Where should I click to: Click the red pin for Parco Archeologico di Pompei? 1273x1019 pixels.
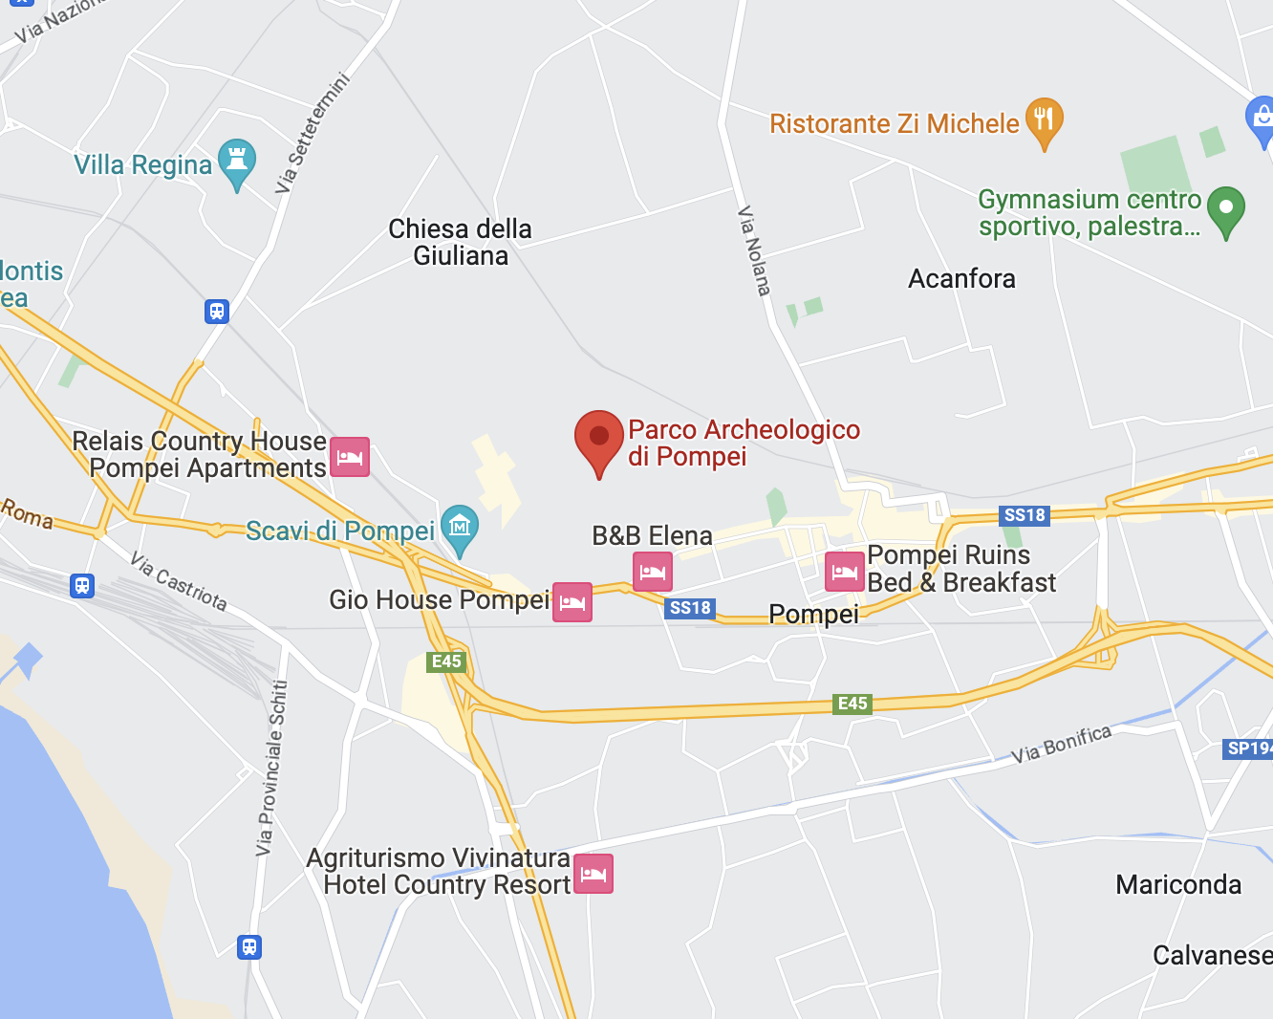(x=599, y=439)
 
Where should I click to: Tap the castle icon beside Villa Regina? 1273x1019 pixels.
(x=237, y=162)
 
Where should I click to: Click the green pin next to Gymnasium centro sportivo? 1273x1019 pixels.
(x=1226, y=209)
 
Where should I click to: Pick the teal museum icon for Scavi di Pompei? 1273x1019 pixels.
(x=460, y=528)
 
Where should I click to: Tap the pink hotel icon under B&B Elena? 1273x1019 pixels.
(x=653, y=572)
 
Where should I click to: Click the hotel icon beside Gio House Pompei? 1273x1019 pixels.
(x=572, y=602)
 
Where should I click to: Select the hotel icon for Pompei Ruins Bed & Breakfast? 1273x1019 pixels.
(x=845, y=572)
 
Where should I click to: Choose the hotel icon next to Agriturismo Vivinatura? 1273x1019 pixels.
(x=593, y=874)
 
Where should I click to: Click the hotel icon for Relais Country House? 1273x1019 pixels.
(x=350, y=457)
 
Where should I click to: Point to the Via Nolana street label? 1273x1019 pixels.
(x=754, y=250)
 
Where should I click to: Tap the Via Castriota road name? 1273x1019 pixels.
(x=179, y=581)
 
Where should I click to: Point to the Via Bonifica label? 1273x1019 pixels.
(x=1062, y=744)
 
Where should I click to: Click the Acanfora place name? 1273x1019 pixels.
(x=961, y=279)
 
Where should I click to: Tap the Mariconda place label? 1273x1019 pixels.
(x=1178, y=884)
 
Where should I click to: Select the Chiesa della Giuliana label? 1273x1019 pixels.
(x=461, y=242)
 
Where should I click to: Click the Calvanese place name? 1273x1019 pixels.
(x=1212, y=955)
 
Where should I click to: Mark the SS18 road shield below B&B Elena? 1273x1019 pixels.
(x=690, y=608)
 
